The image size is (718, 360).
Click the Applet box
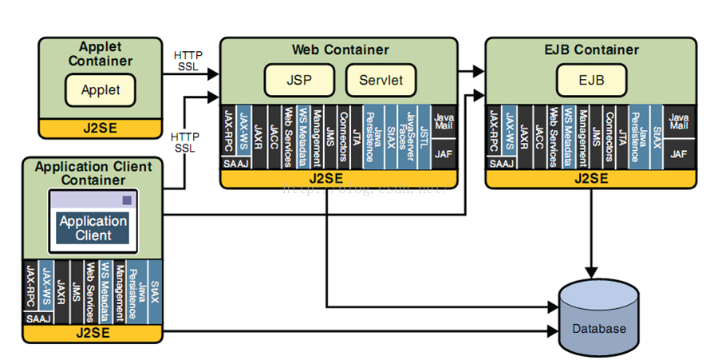pyautogui.click(x=101, y=90)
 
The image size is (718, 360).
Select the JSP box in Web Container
pyautogui.click(x=299, y=80)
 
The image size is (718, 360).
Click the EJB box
pyautogui.click(x=591, y=80)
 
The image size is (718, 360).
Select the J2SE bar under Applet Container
pyautogui.click(x=101, y=128)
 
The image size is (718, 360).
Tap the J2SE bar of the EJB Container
pyautogui.click(x=591, y=178)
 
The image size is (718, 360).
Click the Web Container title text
pyautogui.click(x=340, y=49)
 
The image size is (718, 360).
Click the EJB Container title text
pyautogui.click(x=591, y=49)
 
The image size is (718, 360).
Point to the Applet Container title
pyautogui.click(x=101, y=54)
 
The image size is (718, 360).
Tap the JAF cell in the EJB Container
pyautogui.click(x=679, y=152)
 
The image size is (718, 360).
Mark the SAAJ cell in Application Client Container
pyautogui.click(x=37, y=318)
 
